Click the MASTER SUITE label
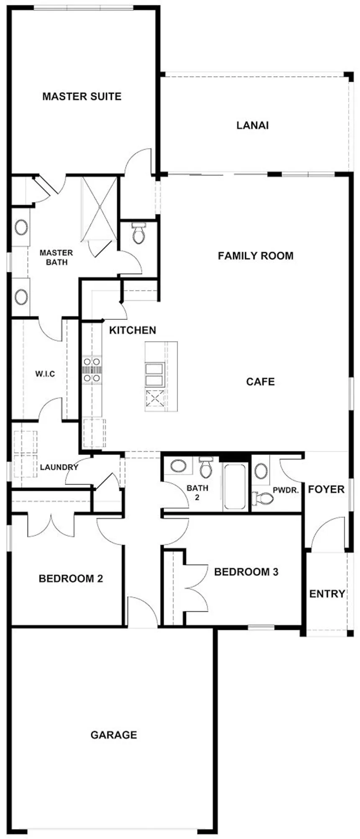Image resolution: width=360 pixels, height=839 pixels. coord(82,97)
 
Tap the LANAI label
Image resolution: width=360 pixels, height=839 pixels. coord(252,125)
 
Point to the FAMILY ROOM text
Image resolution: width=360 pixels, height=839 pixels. coord(256,256)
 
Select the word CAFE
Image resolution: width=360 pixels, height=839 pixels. coord(260,382)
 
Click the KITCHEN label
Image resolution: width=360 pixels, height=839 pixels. coord(133,330)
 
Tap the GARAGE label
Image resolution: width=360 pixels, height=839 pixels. coord(114,735)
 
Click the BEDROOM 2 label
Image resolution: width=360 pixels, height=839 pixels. coord(71,579)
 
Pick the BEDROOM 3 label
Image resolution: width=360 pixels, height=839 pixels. coord(246,572)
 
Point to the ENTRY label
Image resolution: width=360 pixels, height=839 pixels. coord(327,594)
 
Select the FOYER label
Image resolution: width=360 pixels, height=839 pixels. coord(327,489)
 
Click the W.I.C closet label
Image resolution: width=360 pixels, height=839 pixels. coord(45,374)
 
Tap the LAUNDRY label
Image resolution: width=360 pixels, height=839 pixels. coord(59,467)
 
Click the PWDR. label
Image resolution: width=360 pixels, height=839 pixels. coord(286,490)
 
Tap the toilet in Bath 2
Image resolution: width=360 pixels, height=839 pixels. coord(206,467)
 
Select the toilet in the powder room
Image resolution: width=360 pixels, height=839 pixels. coord(262,498)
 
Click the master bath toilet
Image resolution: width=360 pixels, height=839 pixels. coord(139,233)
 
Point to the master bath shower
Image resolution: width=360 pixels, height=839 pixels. coord(99,208)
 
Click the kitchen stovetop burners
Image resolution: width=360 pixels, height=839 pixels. coord(92,370)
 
